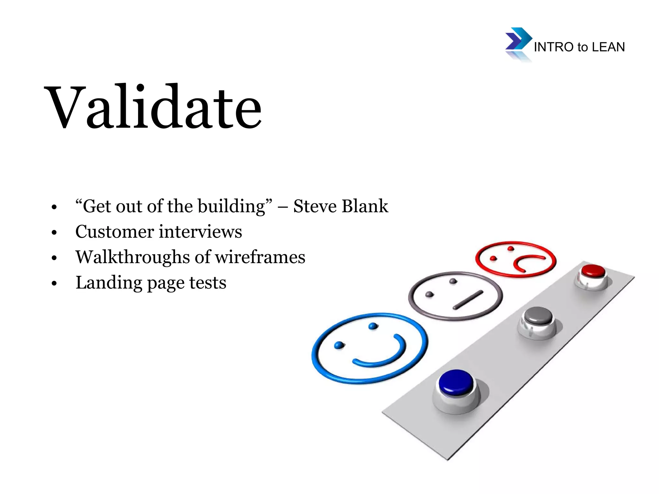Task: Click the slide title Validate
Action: (x=154, y=107)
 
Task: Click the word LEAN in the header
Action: (x=608, y=47)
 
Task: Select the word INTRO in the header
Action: (x=554, y=47)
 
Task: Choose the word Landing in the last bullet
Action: (x=109, y=283)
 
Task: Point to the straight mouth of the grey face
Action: (x=468, y=300)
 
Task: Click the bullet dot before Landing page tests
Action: (x=54, y=284)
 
